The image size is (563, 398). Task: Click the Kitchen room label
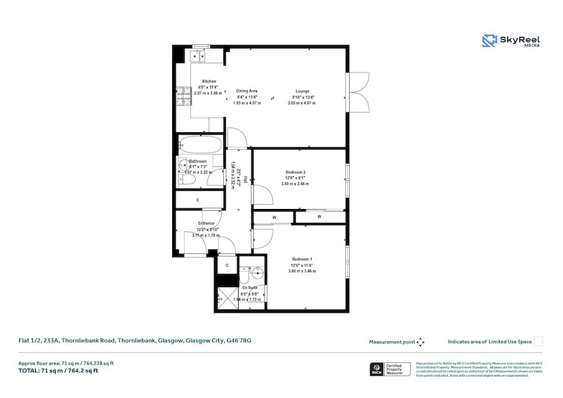(x=208, y=81)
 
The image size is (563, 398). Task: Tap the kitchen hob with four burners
(x=183, y=96)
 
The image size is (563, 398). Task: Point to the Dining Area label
(x=246, y=91)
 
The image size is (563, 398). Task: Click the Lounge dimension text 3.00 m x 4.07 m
(x=302, y=103)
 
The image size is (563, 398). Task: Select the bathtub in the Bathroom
(x=199, y=145)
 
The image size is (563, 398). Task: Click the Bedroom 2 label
(x=295, y=172)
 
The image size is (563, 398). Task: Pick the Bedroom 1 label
(x=302, y=259)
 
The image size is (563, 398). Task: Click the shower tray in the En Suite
(x=226, y=298)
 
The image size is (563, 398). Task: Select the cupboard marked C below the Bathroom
(x=198, y=200)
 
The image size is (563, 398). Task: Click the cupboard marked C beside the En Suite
(x=227, y=265)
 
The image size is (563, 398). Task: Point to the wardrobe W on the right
(x=319, y=217)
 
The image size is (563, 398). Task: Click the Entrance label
(x=206, y=223)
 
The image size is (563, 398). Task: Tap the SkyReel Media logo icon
(x=489, y=41)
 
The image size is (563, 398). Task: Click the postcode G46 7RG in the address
(x=241, y=341)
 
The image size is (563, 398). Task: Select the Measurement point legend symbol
(x=420, y=342)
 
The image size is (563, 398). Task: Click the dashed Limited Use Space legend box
(x=538, y=342)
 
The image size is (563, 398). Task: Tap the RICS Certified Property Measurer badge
(x=391, y=369)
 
